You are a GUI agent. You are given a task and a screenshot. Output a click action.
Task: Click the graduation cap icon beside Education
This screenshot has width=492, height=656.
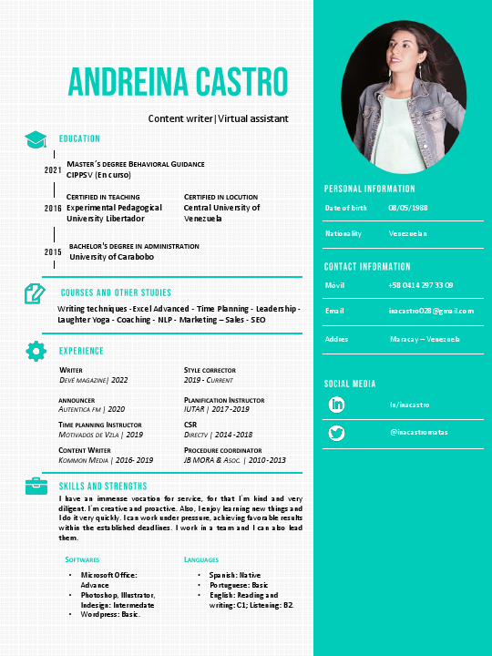pyautogui.click(x=36, y=139)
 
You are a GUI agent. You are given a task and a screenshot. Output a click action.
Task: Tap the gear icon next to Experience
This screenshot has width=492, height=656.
pyautogui.click(x=36, y=350)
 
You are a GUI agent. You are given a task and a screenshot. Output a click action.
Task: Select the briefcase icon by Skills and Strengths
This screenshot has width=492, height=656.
pyautogui.click(x=36, y=485)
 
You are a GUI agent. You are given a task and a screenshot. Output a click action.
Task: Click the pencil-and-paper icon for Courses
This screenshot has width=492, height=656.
pyautogui.click(x=35, y=293)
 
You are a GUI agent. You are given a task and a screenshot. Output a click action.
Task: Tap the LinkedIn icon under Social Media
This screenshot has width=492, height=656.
pyautogui.click(x=337, y=404)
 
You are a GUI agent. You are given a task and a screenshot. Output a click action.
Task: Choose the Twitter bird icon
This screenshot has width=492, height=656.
pyautogui.click(x=337, y=432)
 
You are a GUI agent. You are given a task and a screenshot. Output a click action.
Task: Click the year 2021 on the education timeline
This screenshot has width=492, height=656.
pyautogui.click(x=53, y=170)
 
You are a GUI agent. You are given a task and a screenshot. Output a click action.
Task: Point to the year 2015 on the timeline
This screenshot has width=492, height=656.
pyautogui.click(x=53, y=251)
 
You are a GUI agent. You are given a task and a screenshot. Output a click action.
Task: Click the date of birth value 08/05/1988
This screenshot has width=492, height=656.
pyautogui.click(x=408, y=208)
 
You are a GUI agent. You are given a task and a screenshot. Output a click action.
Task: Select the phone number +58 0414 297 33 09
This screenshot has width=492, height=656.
pyautogui.click(x=421, y=285)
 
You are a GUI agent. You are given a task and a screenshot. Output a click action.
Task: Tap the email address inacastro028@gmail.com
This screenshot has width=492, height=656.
pyautogui.click(x=431, y=311)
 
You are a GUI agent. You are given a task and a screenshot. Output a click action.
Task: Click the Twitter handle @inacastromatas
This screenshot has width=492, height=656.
pyautogui.click(x=419, y=432)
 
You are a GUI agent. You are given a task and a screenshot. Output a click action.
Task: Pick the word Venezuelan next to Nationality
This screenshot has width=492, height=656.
pyautogui.click(x=407, y=233)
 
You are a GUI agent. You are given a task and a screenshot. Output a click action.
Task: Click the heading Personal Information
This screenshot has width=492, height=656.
pyautogui.click(x=370, y=189)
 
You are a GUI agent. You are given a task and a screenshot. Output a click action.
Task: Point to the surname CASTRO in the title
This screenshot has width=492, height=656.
pyautogui.click(x=235, y=83)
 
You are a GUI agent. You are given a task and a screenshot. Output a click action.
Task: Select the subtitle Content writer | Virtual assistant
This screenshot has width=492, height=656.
pyautogui.click(x=218, y=118)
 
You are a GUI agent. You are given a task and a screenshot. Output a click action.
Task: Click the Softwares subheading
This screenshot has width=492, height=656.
pyautogui.click(x=82, y=559)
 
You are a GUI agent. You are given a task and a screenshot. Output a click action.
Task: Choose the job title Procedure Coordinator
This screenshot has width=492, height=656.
pyautogui.click(x=223, y=450)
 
